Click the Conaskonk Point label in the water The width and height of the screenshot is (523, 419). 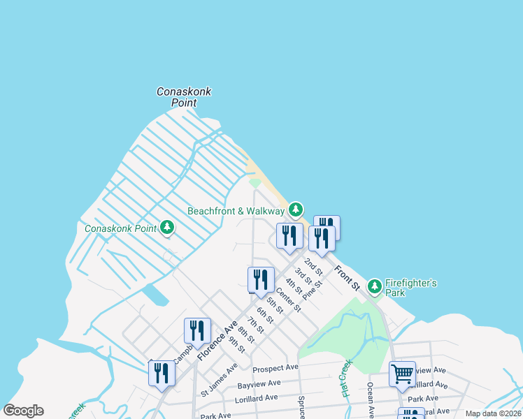coord(184,97)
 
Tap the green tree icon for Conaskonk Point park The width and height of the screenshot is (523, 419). coord(167,227)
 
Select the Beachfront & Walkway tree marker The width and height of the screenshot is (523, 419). coord(296,209)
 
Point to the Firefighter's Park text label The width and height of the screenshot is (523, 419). coord(412,288)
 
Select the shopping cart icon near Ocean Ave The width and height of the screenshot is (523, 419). coord(402,374)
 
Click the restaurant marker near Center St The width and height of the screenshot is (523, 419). coord(261,279)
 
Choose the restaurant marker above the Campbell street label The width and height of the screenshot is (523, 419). coord(197,330)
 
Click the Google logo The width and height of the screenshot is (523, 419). coord(23,411)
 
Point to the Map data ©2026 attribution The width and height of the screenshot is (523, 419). coord(494,413)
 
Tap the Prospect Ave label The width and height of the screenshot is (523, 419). coord(275,367)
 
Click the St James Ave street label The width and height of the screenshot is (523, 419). coord(219,378)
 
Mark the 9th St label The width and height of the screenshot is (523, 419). coord(237,344)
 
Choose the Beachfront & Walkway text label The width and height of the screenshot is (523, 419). coord(236,211)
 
